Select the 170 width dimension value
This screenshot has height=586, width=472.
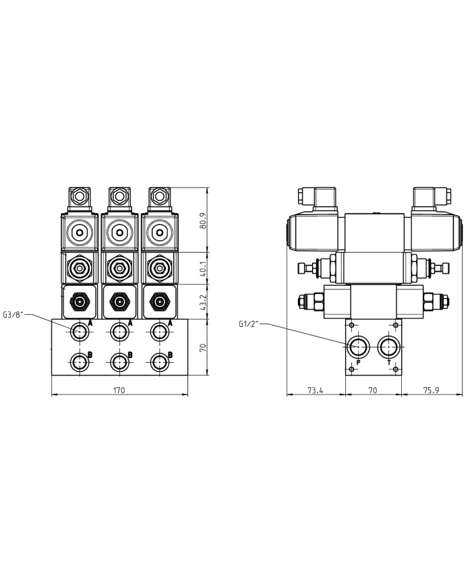click(119, 390)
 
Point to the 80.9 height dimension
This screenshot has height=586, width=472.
click(204, 221)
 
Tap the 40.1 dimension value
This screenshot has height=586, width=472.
click(204, 268)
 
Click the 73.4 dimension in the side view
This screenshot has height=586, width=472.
click(316, 390)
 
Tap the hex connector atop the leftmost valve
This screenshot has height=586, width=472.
click(80, 198)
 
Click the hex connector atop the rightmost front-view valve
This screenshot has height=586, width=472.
click(160, 198)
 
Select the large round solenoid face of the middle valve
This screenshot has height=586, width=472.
click(120, 232)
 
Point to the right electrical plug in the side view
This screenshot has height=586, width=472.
click(429, 197)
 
